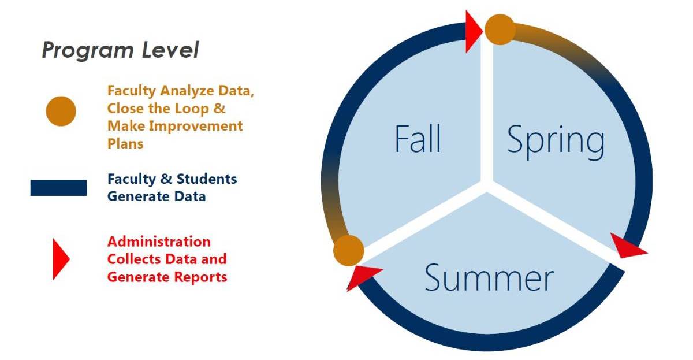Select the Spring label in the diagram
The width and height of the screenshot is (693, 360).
point(556,142)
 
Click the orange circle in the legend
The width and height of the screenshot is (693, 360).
point(61,111)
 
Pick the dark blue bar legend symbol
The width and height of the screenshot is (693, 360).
point(58,188)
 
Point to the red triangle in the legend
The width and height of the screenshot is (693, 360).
point(61,259)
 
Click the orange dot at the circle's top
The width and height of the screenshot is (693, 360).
point(500,29)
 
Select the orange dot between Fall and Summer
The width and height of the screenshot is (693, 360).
point(349,250)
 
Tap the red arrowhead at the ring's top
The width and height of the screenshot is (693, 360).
point(474,31)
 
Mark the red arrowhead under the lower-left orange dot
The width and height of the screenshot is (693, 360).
point(362,277)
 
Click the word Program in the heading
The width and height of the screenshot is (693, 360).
point(88,50)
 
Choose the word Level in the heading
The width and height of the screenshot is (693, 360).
point(170,50)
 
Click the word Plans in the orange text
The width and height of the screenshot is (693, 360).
point(125,144)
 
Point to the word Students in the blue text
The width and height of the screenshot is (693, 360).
point(207,179)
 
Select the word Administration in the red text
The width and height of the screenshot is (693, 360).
point(159,242)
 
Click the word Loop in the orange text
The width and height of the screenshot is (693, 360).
point(192,109)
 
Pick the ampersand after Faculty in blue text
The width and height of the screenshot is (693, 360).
point(166,179)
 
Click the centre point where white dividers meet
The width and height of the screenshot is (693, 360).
point(487,185)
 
